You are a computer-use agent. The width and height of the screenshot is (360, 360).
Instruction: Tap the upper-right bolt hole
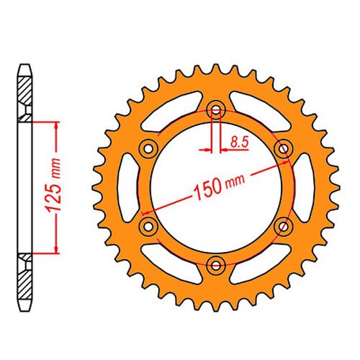point(283,148)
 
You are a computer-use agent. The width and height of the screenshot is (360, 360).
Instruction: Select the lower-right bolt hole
point(283,225)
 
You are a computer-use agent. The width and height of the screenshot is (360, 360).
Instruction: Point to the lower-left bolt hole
point(149,225)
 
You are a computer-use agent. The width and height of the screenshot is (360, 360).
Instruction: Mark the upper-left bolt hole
point(149,148)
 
